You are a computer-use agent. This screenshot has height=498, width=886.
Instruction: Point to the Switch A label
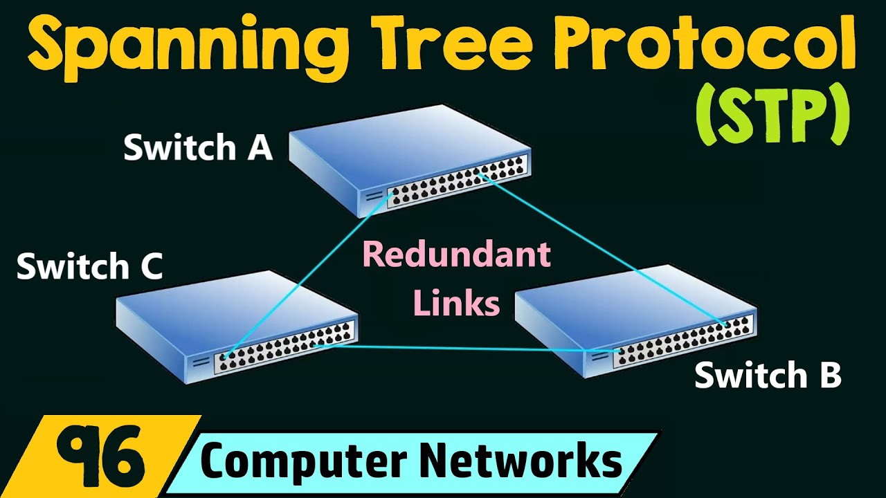tap(198, 148)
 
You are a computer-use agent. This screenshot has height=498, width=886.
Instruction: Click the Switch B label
tap(768, 376)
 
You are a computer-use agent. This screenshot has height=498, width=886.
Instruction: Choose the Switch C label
tap(90, 266)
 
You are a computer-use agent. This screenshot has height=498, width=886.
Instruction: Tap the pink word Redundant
tap(456, 255)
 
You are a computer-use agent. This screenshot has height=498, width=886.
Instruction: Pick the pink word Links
tap(456, 302)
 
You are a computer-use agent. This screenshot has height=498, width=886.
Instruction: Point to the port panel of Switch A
tap(457, 183)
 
